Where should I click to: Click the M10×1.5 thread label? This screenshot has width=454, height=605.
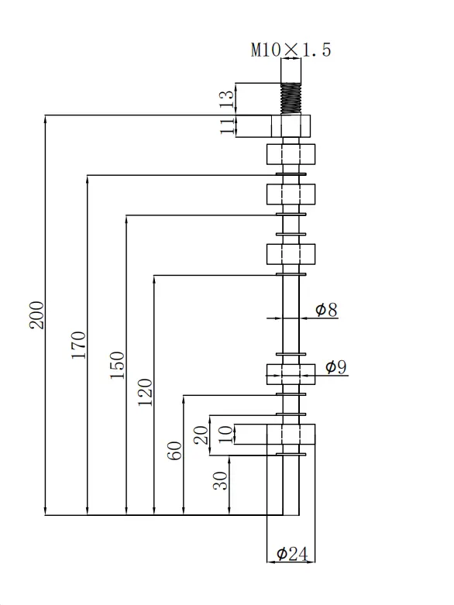[x=291, y=50]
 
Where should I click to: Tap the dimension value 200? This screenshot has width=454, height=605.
[x=37, y=315]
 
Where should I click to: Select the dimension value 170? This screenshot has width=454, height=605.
[x=79, y=345]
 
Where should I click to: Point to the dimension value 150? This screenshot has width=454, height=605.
[x=117, y=365]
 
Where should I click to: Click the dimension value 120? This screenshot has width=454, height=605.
[x=145, y=393]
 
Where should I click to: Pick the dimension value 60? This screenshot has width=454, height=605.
[x=174, y=451]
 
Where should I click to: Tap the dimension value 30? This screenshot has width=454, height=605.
[x=221, y=481]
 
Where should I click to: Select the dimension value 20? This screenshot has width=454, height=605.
[x=201, y=435]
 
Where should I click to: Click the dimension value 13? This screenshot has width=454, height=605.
[x=227, y=99]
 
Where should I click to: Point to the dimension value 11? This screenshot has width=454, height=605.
[x=227, y=126]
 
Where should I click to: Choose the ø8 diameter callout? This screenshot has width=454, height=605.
[x=326, y=309]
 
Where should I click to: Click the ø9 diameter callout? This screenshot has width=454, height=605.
[x=336, y=366]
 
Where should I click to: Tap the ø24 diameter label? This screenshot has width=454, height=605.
[x=292, y=554]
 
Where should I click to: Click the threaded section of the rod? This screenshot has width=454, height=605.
[x=291, y=99]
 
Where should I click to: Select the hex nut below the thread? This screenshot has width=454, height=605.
[x=291, y=126]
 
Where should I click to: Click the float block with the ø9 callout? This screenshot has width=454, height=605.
[x=291, y=374]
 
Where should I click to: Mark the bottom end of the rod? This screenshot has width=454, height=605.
[x=291, y=514]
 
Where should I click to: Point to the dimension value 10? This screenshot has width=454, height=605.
[x=226, y=435]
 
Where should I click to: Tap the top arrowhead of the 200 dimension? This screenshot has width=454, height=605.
[x=46, y=119]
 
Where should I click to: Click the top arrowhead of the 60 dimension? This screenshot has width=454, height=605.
[x=183, y=399]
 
